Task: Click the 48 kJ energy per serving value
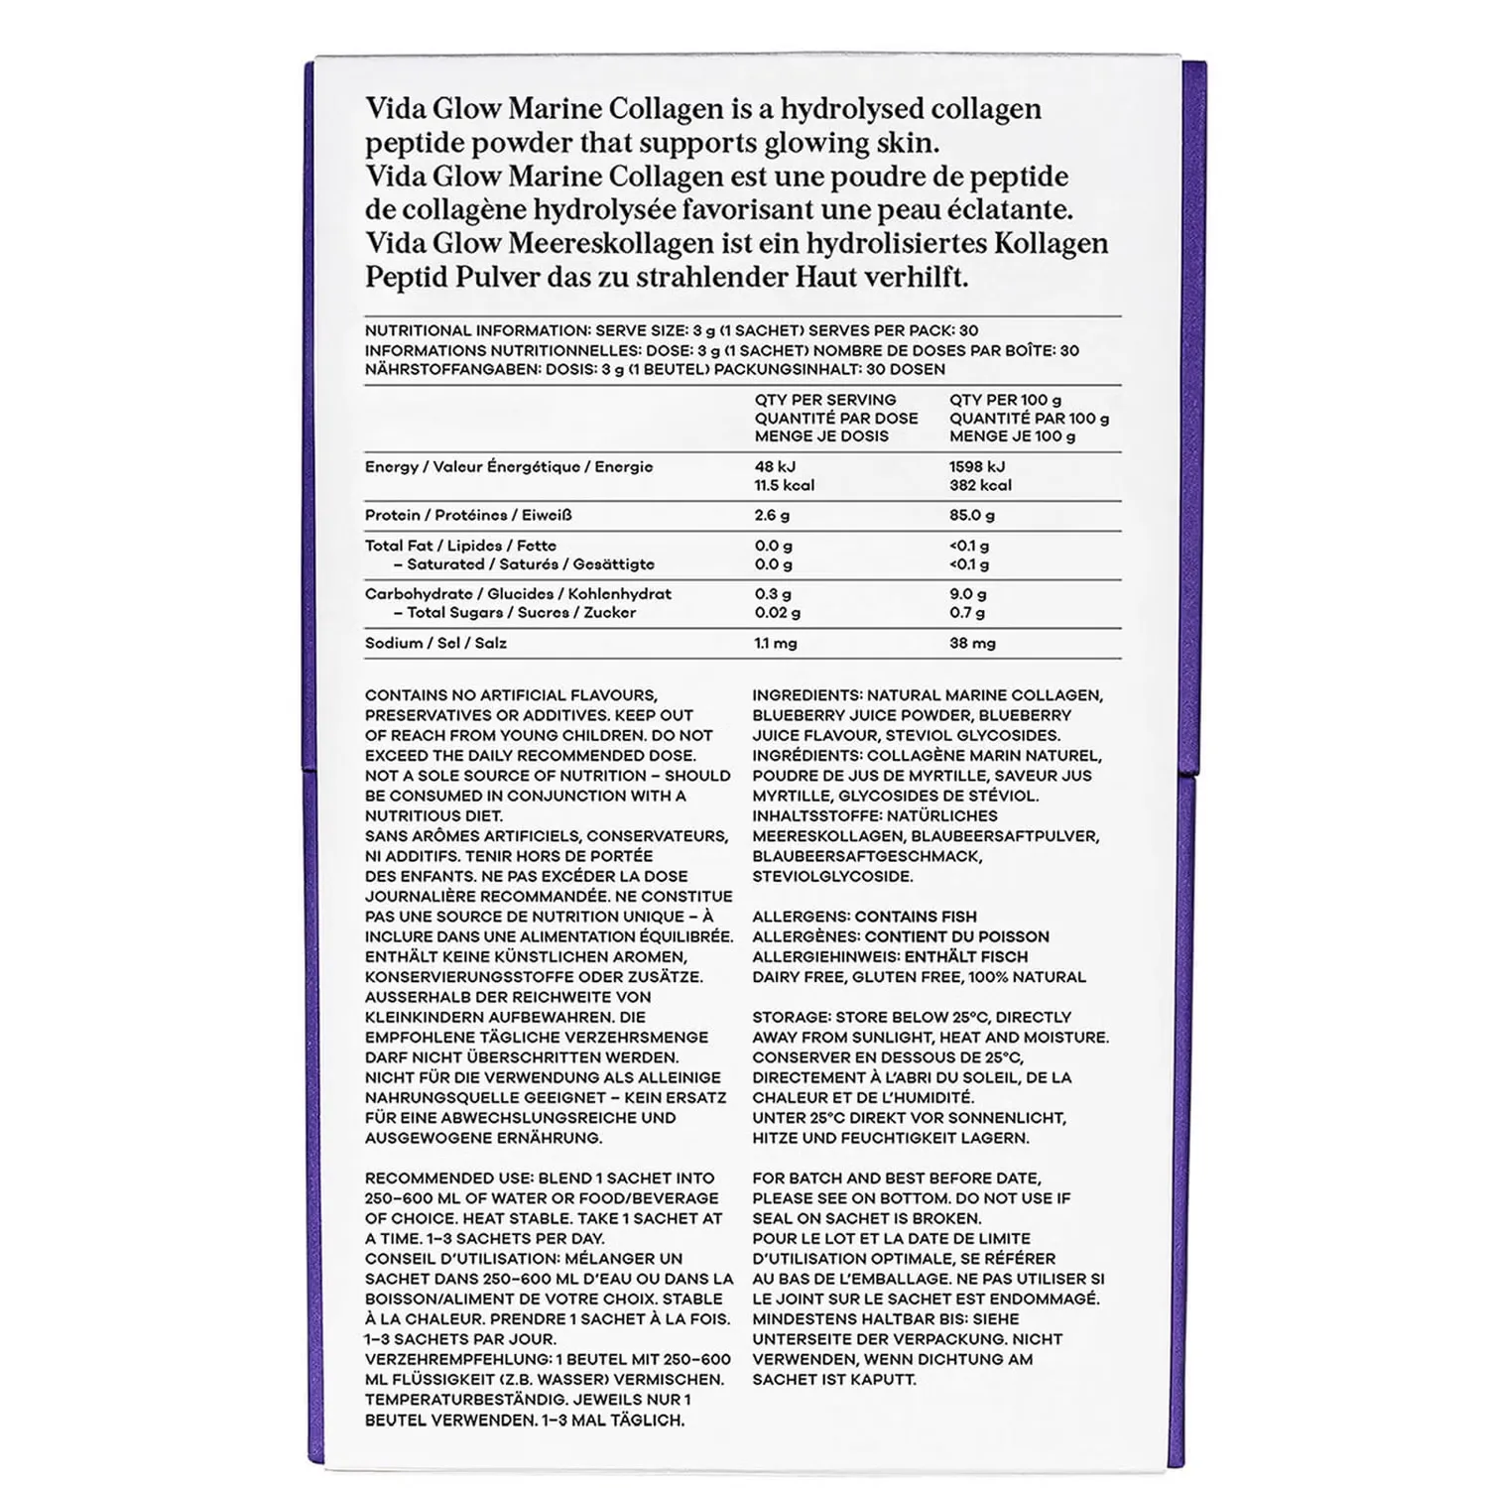click(775, 466)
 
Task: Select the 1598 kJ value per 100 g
click(976, 466)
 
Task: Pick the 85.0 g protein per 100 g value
click(972, 516)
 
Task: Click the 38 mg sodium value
click(972, 643)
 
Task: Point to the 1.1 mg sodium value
click(775, 643)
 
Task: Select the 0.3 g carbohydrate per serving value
click(773, 594)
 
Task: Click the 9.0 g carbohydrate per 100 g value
click(967, 594)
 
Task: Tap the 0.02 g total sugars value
click(777, 613)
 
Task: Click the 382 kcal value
click(980, 485)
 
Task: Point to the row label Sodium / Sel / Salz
click(435, 643)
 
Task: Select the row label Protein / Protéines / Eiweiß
click(468, 516)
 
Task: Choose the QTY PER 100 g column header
click(1005, 400)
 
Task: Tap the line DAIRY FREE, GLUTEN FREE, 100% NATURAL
click(919, 977)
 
